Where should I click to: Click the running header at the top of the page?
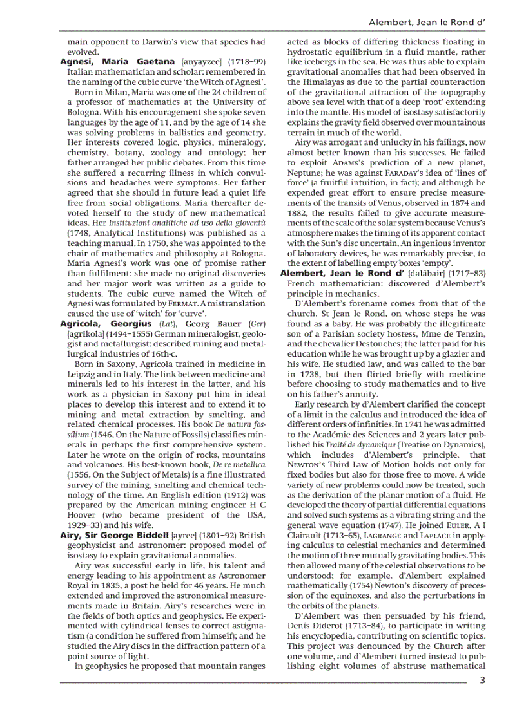tap(426, 22)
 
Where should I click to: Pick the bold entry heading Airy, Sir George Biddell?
tap(115, 535)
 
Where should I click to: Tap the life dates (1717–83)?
tap(467, 273)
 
